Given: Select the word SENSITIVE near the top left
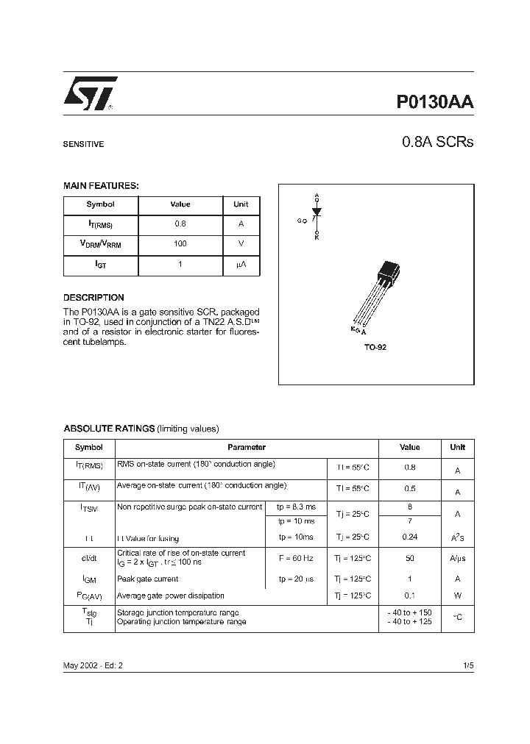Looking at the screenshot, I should click(x=83, y=145).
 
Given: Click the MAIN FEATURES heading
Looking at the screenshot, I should click(x=101, y=186).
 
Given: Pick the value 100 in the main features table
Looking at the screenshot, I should click(x=180, y=243).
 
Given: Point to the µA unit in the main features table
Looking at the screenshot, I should click(x=241, y=264).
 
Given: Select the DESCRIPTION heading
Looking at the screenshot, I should click(x=93, y=298).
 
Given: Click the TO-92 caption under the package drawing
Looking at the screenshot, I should click(x=375, y=347).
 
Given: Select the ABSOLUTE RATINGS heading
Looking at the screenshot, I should click(x=109, y=429).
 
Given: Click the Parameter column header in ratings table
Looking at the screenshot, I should click(x=247, y=447).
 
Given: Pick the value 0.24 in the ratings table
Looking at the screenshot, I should click(x=409, y=537).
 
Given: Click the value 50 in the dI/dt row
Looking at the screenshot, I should click(x=409, y=559).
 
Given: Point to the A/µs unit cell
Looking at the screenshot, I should click(x=457, y=559).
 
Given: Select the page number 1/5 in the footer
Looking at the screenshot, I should click(x=468, y=665).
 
